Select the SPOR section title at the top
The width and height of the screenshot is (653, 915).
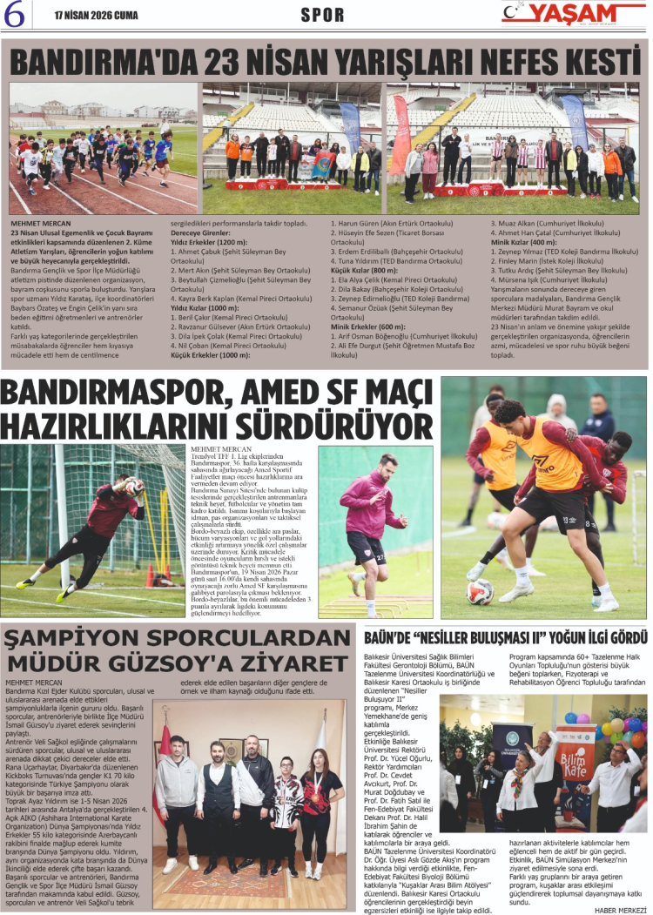click(x=322, y=14)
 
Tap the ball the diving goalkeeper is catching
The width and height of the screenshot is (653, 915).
click(x=133, y=486)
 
